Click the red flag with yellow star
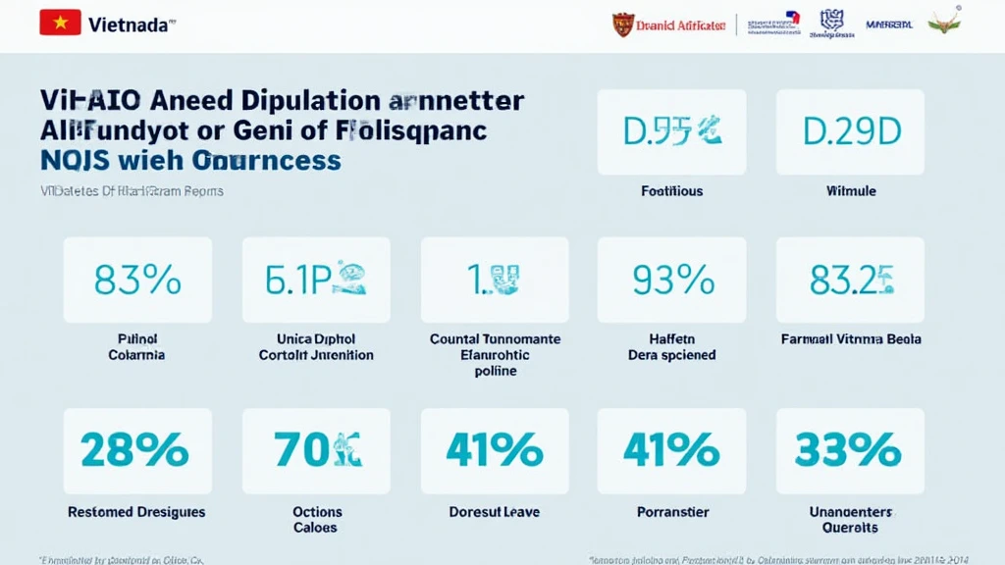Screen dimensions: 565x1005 (x=60, y=24)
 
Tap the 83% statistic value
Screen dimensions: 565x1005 (x=137, y=281)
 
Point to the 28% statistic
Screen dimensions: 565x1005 (x=135, y=450)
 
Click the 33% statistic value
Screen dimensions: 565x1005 (x=849, y=450)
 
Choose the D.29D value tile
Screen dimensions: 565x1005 (x=850, y=131)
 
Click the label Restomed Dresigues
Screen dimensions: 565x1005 (x=136, y=512)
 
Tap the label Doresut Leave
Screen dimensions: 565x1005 (x=495, y=512)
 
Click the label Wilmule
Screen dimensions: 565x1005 (x=850, y=191)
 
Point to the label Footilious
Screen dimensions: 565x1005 (x=671, y=191)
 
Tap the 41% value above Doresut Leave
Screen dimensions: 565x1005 (x=495, y=450)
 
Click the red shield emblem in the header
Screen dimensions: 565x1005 (x=623, y=25)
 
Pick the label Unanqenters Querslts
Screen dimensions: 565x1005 (x=850, y=519)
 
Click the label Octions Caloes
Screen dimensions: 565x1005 (x=316, y=519)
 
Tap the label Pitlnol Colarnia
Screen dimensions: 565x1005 (x=136, y=347)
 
